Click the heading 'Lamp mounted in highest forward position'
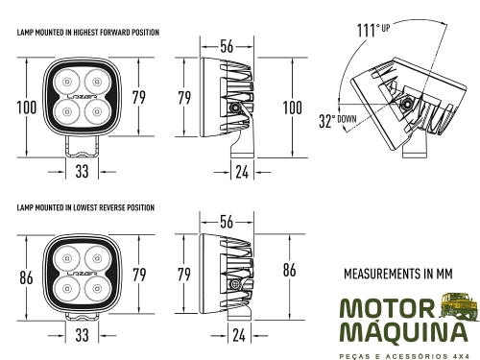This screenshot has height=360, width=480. click(x=88, y=33)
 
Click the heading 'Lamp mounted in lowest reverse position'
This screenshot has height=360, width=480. click(x=85, y=207)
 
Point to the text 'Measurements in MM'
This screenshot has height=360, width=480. click(x=396, y=274)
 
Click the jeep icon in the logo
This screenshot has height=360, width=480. click(x=458, y=307)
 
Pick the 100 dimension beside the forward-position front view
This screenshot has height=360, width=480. click(x=27, y=107)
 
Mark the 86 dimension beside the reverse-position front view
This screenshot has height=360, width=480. click(x=26, y=278)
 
